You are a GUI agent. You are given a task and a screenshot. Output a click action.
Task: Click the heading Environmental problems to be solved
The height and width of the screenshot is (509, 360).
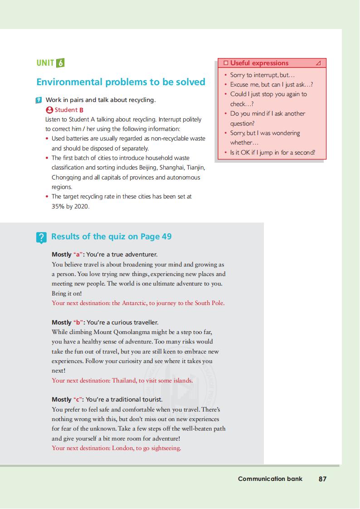(121, 82)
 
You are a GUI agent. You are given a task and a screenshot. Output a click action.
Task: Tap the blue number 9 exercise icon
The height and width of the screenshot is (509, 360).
(39, 100)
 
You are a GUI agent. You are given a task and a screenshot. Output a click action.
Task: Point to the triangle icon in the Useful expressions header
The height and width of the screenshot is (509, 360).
(318, 63)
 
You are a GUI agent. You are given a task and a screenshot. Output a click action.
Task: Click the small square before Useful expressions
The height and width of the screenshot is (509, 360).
(225, 63)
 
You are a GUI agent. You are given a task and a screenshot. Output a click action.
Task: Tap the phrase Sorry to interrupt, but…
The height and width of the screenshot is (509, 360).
(263, 75)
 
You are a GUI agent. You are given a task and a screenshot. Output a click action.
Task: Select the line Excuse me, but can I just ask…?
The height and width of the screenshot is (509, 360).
(271, 84)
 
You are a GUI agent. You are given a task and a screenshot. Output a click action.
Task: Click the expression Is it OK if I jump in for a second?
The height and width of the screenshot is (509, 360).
(272, 152)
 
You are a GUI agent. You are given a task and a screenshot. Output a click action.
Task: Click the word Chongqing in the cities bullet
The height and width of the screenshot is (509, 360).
(67, 177)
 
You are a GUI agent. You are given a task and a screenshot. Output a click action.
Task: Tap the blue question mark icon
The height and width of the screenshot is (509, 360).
(41, 237)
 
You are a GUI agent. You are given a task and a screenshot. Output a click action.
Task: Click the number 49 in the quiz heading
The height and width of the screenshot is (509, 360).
(166, 236)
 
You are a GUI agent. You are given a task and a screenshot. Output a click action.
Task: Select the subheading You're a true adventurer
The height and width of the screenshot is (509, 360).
(122, 254)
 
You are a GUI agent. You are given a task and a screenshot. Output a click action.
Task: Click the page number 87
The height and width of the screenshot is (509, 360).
(322, 479)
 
